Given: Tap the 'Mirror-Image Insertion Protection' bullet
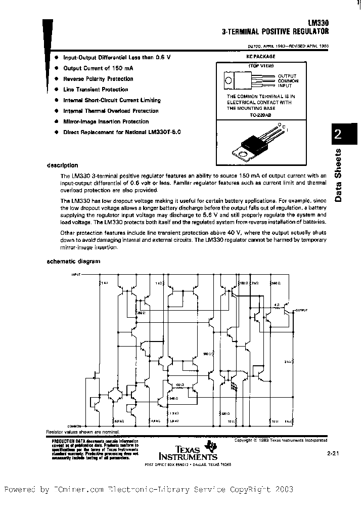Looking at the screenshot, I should (x=106, y=121).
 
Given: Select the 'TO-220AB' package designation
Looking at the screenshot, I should (x=260, y=115).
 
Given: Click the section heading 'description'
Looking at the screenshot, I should (x=62, y=165).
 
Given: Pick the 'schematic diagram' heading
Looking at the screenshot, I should (x=73, y=262).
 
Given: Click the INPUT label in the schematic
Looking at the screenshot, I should (x=76, y=275).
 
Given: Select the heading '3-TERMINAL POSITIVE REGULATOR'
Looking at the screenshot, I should (x=276, y=31).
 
